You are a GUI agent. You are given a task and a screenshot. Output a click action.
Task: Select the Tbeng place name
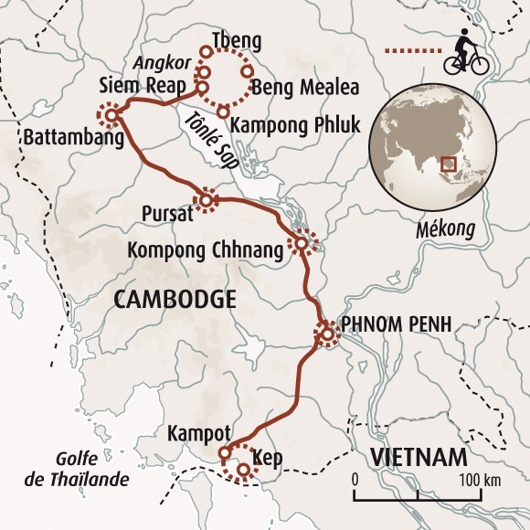click(x=235, y=42)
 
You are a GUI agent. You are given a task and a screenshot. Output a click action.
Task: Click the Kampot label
click(x=193, y=433)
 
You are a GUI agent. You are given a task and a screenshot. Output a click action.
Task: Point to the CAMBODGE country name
click(x=175, y=299)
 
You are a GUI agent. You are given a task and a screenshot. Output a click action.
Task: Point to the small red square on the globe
click(x=448, y=164)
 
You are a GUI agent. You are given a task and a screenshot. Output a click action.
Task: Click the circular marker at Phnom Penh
click(x=326, y=335)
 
